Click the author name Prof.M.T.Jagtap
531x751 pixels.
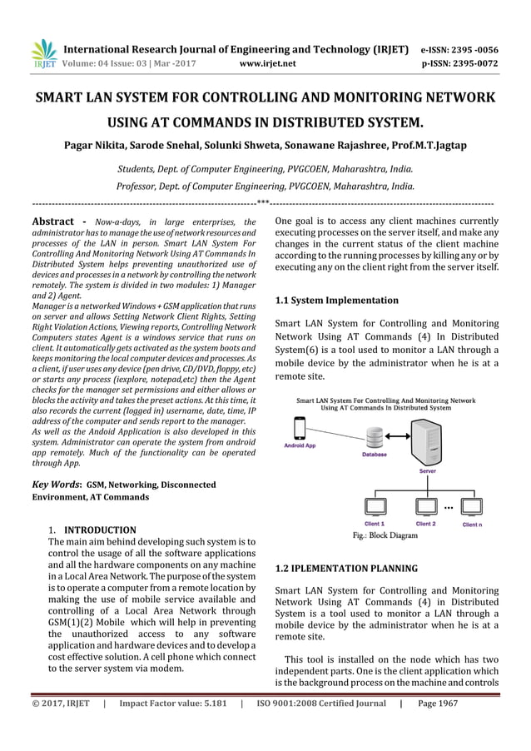tap(431, 146)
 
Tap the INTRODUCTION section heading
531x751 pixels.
tap(100, 530)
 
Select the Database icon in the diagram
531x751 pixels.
tap(374, 436)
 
